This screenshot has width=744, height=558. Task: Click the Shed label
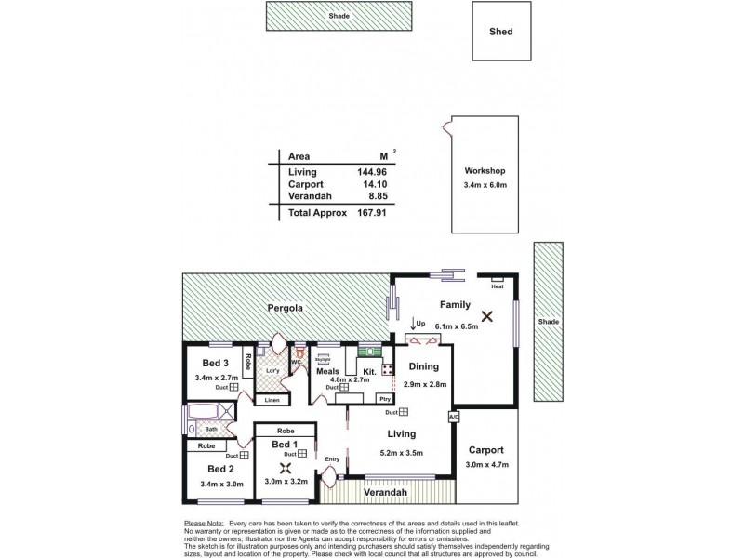tap(500, 32)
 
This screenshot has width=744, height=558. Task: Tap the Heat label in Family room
tap(498, 287)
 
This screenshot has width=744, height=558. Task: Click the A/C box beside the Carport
tap(453, 417)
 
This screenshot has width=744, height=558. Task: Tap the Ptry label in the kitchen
tap(384, 398)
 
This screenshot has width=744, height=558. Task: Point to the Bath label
tap(211, 429)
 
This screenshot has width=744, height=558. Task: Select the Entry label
tap(332, 458)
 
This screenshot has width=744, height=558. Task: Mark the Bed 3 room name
tap(216, 363)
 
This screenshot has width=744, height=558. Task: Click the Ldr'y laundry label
tap(272, 372)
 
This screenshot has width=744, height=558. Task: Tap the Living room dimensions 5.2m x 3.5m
tap(402, 453)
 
